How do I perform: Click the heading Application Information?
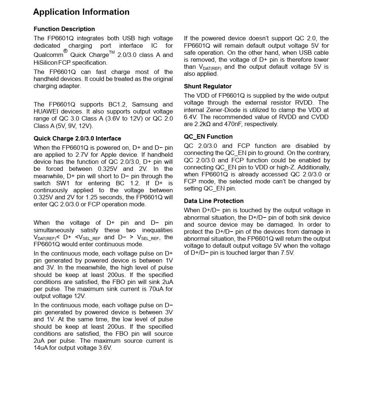click(81, 12)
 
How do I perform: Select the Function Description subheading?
click(64, 29)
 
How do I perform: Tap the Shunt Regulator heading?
click(208, 86)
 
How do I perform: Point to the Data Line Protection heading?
click(214, 201)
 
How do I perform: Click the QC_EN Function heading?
click(208, 136)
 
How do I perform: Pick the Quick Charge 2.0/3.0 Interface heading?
click(77, 138)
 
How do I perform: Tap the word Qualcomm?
click(48, 55)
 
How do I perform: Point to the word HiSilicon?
click(45, 62)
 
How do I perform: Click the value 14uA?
click(40, 348)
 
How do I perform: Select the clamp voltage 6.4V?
click(191, 117)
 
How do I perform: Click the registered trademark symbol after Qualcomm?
click(65, 51)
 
